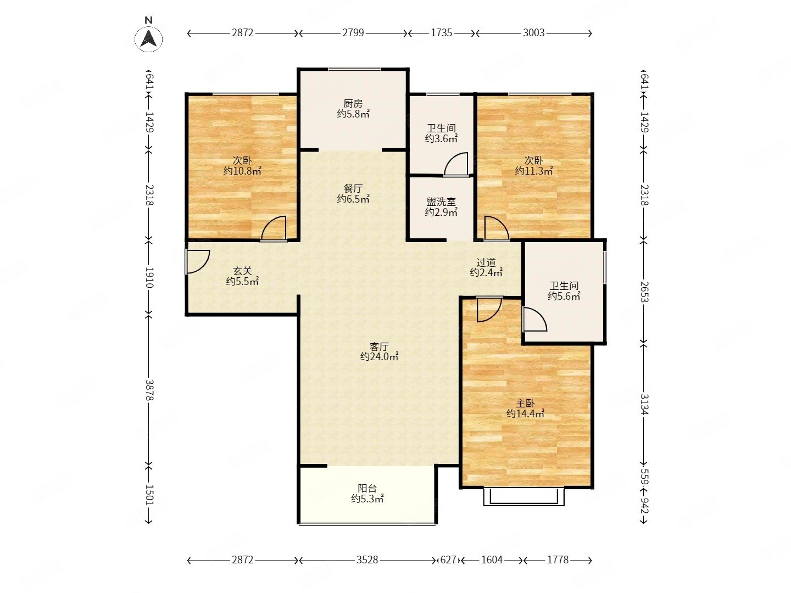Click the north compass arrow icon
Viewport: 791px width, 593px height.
click(x=148, y=38)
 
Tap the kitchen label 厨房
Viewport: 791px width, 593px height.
click(x=353, y=104)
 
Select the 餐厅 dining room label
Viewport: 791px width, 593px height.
click(x=353, y=188)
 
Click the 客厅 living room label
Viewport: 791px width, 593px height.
click(x=379, y=346)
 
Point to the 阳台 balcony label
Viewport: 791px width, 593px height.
click(x=367, y=489)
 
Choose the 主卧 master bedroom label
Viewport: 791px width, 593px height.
click(x=525, y=404)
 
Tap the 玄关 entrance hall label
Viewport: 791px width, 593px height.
click(x=242, y=271)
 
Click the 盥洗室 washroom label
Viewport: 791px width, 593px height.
click(x=441, y=202)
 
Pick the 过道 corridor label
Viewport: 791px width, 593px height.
click(x=486, y=262)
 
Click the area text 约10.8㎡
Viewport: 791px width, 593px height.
click(x=242, y=171)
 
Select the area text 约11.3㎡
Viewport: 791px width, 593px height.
click(x=533, y=171)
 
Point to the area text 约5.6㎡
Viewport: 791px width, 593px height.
click(x=564, y=296)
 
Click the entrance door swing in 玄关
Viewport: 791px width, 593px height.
click(x=197, y=262)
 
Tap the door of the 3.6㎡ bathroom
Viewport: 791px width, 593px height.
click(x=456, y=165)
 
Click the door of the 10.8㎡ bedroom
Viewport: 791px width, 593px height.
click(x=274, y=228)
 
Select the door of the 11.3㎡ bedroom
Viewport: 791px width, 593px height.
click(x=497, y=228)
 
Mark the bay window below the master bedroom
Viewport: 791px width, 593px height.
click(x=523, y=497)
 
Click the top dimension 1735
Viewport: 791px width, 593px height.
click(x=442, y=33)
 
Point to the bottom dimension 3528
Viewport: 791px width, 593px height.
click(x=367, y=560)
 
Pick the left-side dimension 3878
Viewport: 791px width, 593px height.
click(x=149, y=389)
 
